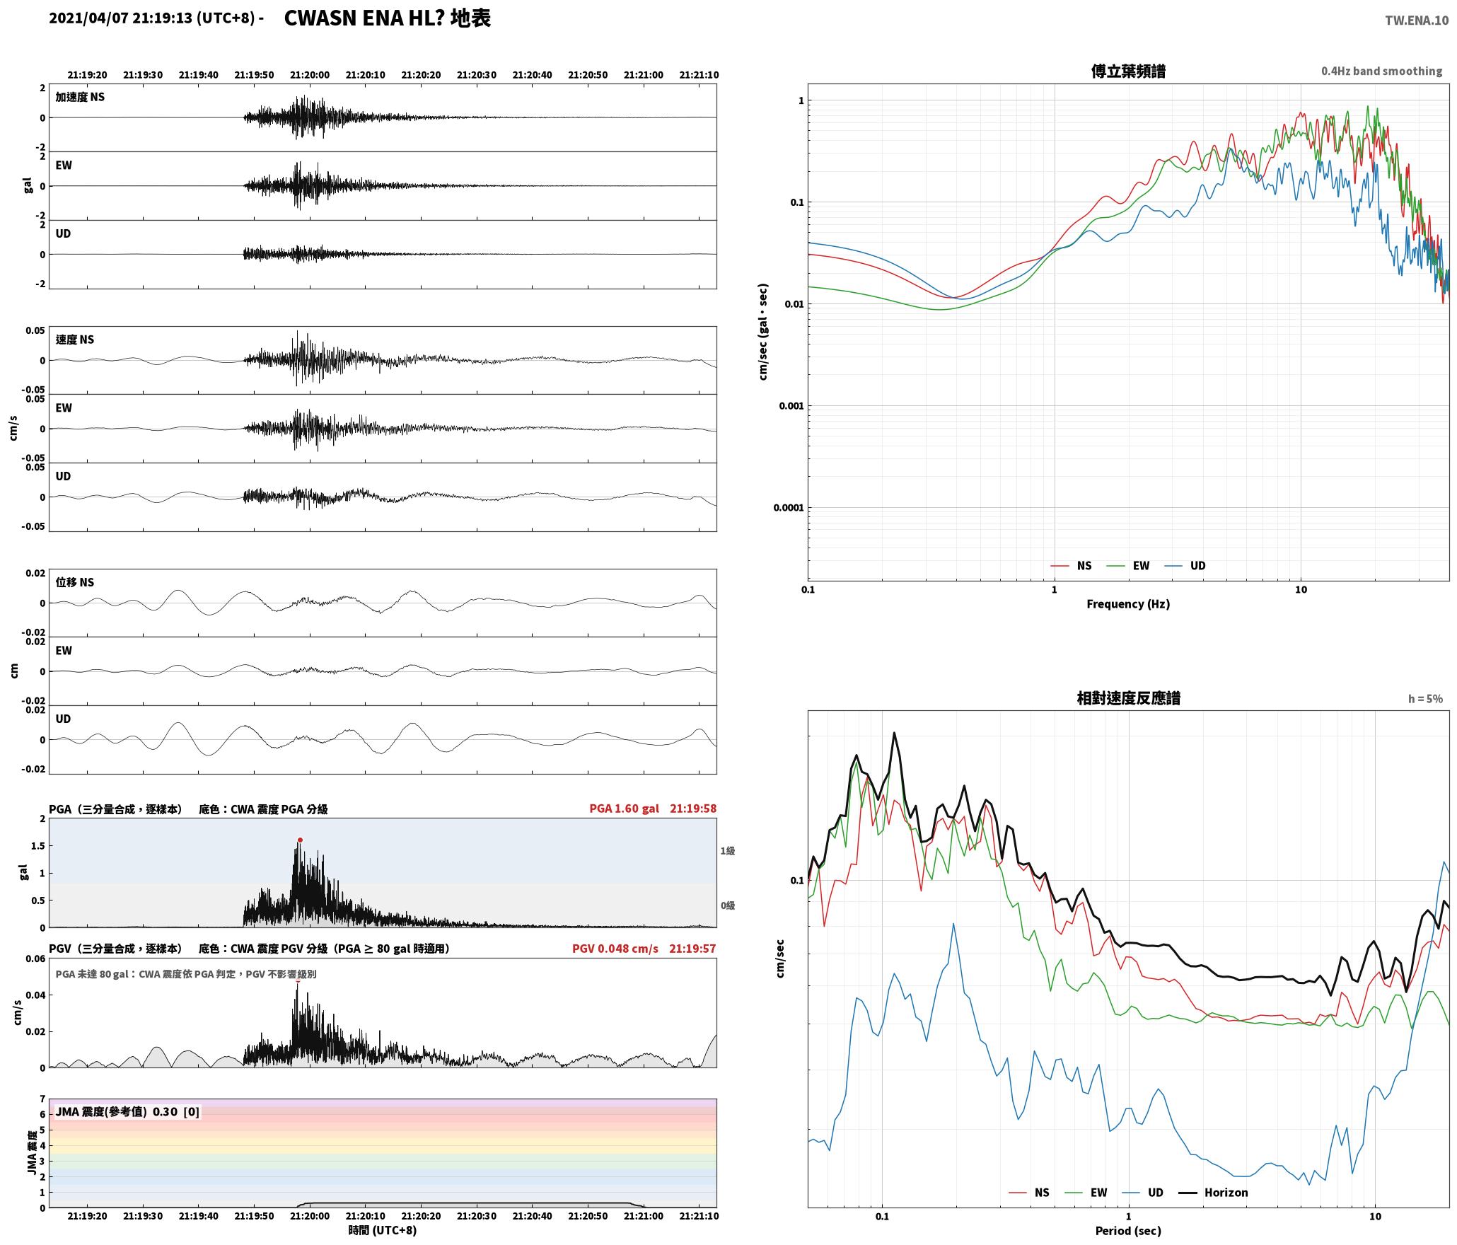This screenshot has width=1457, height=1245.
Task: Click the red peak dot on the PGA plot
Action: point(300,840)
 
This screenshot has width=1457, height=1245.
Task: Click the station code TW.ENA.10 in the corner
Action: point(1417,21)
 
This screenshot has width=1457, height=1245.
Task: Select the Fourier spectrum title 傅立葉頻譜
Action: point(1128,71)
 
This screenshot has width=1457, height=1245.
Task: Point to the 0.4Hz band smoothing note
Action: point(1381,71)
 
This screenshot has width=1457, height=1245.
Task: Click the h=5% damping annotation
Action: point(1425,699)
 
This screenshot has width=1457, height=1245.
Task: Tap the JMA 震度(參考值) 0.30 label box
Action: point(127,1112)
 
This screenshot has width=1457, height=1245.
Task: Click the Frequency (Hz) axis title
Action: point(1128,604)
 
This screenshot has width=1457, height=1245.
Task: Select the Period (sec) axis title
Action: point(1128,1231)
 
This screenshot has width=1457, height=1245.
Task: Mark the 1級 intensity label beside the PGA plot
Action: point(728,851)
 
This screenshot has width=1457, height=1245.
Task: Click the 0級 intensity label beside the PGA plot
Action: point(728,905)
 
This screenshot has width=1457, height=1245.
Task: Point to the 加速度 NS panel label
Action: point(80,97)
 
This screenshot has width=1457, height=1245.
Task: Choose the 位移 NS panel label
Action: point(75,582)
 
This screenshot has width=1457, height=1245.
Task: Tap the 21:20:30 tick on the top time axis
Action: point(477,75)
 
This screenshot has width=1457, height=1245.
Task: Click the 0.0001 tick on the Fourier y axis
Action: point(788,508)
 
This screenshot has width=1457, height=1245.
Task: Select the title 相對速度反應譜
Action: point(1128,698)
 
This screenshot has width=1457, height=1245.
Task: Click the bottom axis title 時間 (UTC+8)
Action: point(383,1231)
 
